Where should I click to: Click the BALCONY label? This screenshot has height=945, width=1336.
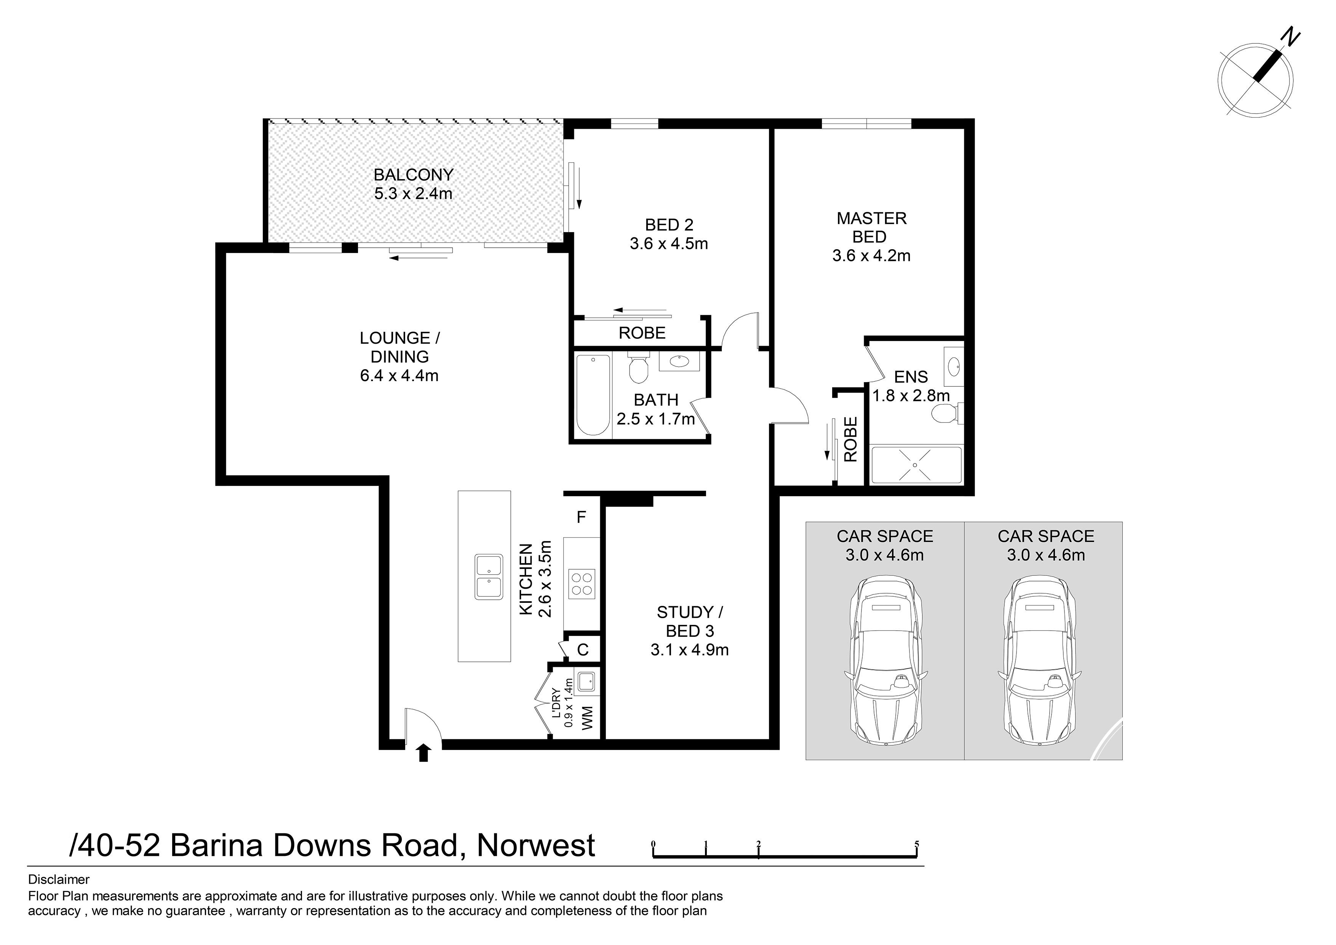(413, 175)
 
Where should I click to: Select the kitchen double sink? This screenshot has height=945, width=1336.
(489, 577)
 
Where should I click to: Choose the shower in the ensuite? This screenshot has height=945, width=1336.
(915, 464)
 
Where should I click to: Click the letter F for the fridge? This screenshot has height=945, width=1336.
(581, 517)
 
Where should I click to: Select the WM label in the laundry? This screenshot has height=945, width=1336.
(588, 718)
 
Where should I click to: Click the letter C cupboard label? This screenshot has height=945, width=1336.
(582, 650)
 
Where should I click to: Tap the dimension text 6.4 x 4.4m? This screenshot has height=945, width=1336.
(399, 376)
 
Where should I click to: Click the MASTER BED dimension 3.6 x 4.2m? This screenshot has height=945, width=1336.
(871, 256)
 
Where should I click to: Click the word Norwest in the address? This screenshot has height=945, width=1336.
(536, 846)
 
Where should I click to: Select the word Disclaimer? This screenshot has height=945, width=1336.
(59, 879)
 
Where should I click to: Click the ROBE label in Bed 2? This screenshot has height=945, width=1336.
(642, 333)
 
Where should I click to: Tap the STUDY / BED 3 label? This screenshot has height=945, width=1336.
(690, 622)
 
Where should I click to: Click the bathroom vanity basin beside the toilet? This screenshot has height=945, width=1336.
(679, 362)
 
